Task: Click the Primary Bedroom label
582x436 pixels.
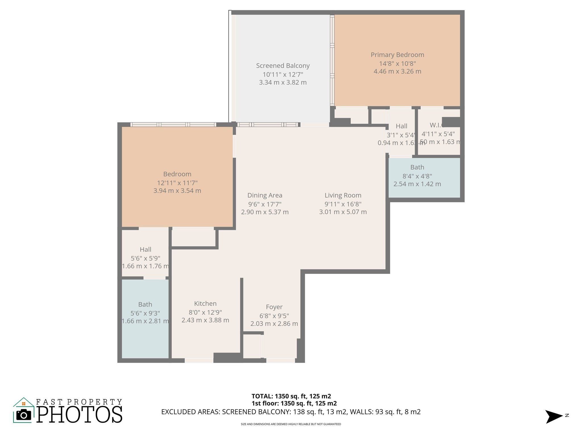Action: click(x=397, y=55)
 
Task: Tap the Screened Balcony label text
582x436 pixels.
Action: click(x=283, y=66)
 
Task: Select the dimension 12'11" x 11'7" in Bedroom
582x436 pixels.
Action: click(x=177, y=183)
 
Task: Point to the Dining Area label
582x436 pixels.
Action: click(x=265, y=195)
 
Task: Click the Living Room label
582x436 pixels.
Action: click(x=343, y=195)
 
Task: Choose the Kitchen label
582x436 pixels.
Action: click(x=205, y=303)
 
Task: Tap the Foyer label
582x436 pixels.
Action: click(x=274, y=307)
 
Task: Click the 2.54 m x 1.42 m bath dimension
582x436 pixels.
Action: click(x=417, y=184)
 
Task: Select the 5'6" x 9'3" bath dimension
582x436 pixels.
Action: click(x=145, y=313)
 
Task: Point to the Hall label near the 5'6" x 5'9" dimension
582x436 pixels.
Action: click(x=145, y=250)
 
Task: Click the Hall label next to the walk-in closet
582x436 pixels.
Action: click(x=402, y=126)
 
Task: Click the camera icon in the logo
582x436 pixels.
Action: click(x=24, y=415)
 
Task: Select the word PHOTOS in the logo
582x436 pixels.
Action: click(x=80, y=415)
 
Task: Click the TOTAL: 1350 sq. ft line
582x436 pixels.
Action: click(x=291, y=396)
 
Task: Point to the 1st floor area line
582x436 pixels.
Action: click(x=294, y=403)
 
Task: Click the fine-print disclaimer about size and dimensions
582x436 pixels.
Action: click(x=291, y=424)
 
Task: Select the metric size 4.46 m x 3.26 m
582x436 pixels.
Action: click(x=397, y=72)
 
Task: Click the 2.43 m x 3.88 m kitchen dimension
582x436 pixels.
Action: click(x=205, y=320)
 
